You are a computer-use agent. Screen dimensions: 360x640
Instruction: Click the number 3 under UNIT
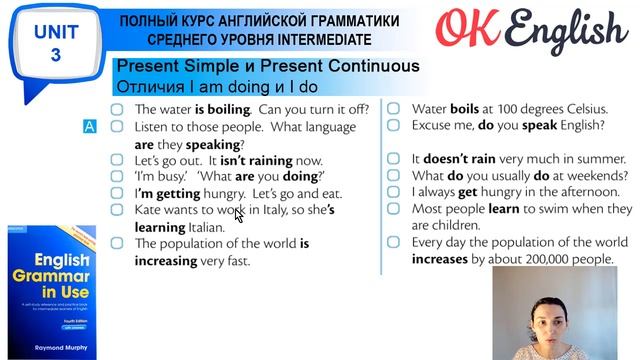click(x=55, y=55)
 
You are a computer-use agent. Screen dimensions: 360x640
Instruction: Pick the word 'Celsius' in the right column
click(x=578, y=109)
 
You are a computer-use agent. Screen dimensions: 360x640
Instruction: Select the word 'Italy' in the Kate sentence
click(x=259, y=210)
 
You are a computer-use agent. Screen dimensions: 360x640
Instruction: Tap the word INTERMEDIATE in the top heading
click(x=322, y=39)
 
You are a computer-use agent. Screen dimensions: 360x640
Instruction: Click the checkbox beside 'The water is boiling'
click(x=117, y=109)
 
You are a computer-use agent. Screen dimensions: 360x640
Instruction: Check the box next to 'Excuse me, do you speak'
click(x=394, y=126)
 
